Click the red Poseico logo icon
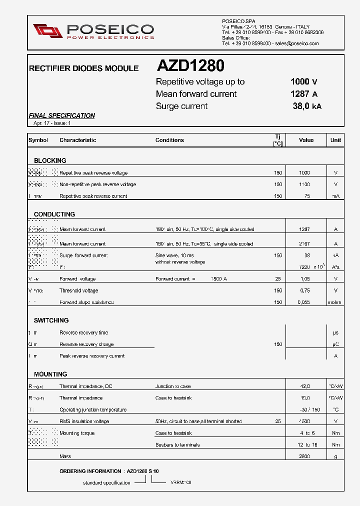point(47,31)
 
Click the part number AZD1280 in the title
point(190,66)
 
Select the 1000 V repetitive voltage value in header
point(303,82)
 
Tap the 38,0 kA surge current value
point(306,106)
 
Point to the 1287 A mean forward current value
point(303,94)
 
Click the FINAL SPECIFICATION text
point(62,115)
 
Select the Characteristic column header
point(77,140)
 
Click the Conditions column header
point(169,140)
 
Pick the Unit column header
point(335,140)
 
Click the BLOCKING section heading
point(50,160)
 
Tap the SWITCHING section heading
point(51,320)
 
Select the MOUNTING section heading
point(50,374)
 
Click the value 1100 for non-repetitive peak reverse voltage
point(304,184)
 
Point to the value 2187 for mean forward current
point(304,244)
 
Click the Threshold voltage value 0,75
point(304,290)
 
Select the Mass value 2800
point(304,456)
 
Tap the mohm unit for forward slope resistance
point(335,302)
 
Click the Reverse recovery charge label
point(86,344)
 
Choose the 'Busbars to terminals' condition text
point(177,445)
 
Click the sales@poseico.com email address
point(296,43)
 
